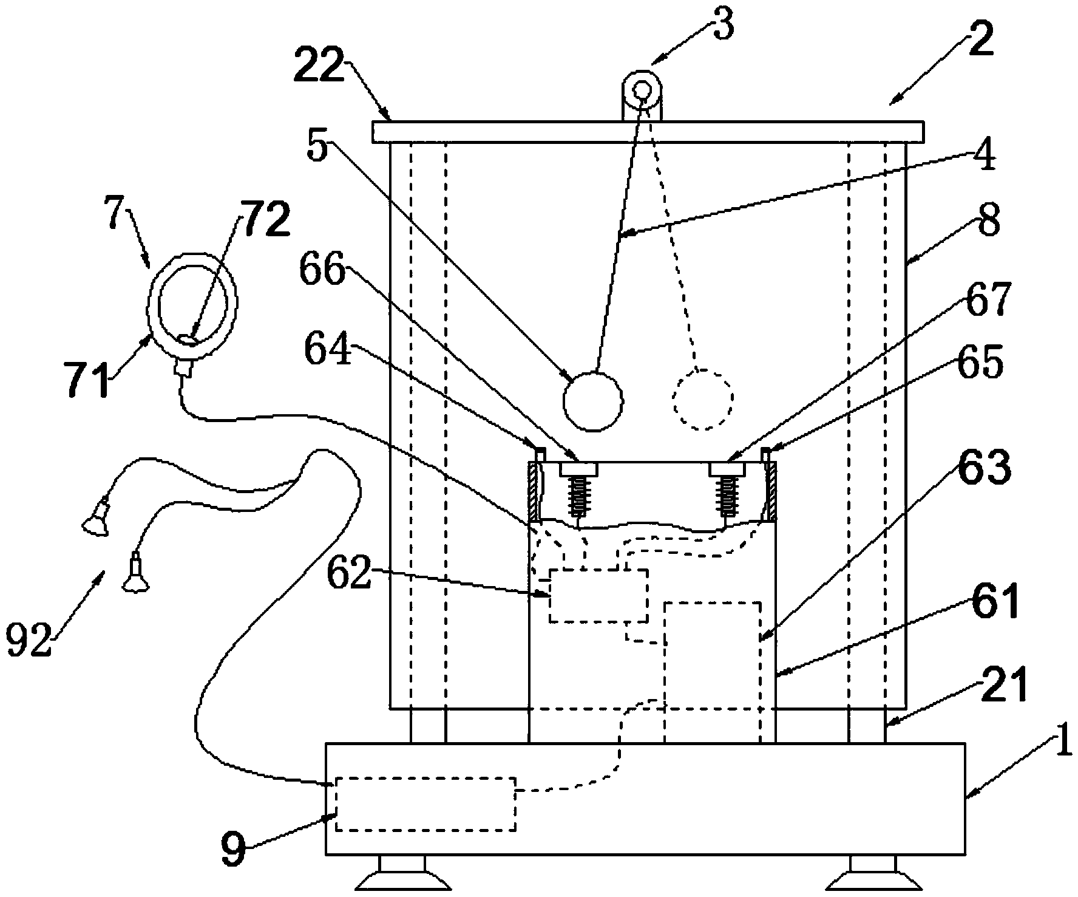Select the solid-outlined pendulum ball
[593, 400]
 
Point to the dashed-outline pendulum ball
[703, 399]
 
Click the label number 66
[322, 269]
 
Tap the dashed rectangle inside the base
[425, 803]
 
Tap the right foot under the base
[872, 874]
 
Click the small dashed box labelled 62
[598, 595]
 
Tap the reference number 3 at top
[723, 26]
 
